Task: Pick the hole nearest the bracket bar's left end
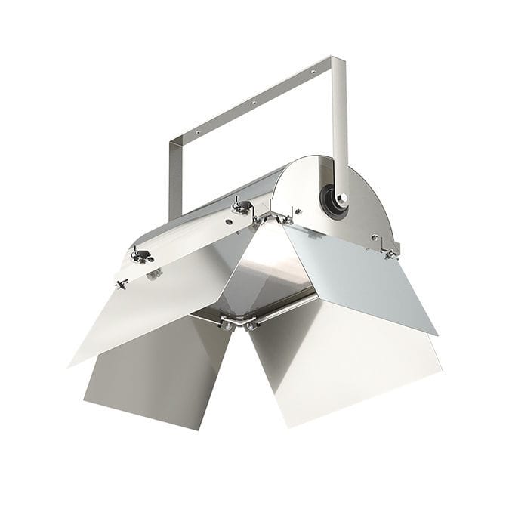198,131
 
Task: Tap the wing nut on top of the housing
241,205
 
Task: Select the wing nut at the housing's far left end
139,254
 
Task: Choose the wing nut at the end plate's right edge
389,251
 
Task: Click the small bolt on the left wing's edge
121,284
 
